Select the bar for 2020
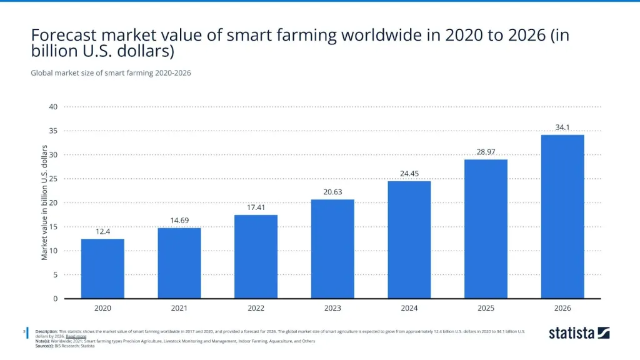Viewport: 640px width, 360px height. point(102,269)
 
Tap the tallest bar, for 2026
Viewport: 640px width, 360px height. point(562,216)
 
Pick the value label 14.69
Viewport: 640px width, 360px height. point(179,221)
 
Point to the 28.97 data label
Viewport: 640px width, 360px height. point(486,152)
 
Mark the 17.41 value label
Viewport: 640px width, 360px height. point(256,207)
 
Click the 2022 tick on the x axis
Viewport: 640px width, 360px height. point(256,308)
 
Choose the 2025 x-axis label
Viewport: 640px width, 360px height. point(486,308)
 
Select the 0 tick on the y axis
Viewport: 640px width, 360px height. point(55,299)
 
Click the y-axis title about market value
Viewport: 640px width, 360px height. point(44,202)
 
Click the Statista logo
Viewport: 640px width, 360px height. point(579,333)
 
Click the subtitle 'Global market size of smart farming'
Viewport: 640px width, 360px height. point(111,73)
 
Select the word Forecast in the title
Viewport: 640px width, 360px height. point(64,36)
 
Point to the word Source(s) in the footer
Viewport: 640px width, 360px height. point(44,346)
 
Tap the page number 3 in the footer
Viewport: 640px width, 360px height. point(23,331)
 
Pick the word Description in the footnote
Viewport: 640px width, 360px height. point(46,331)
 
